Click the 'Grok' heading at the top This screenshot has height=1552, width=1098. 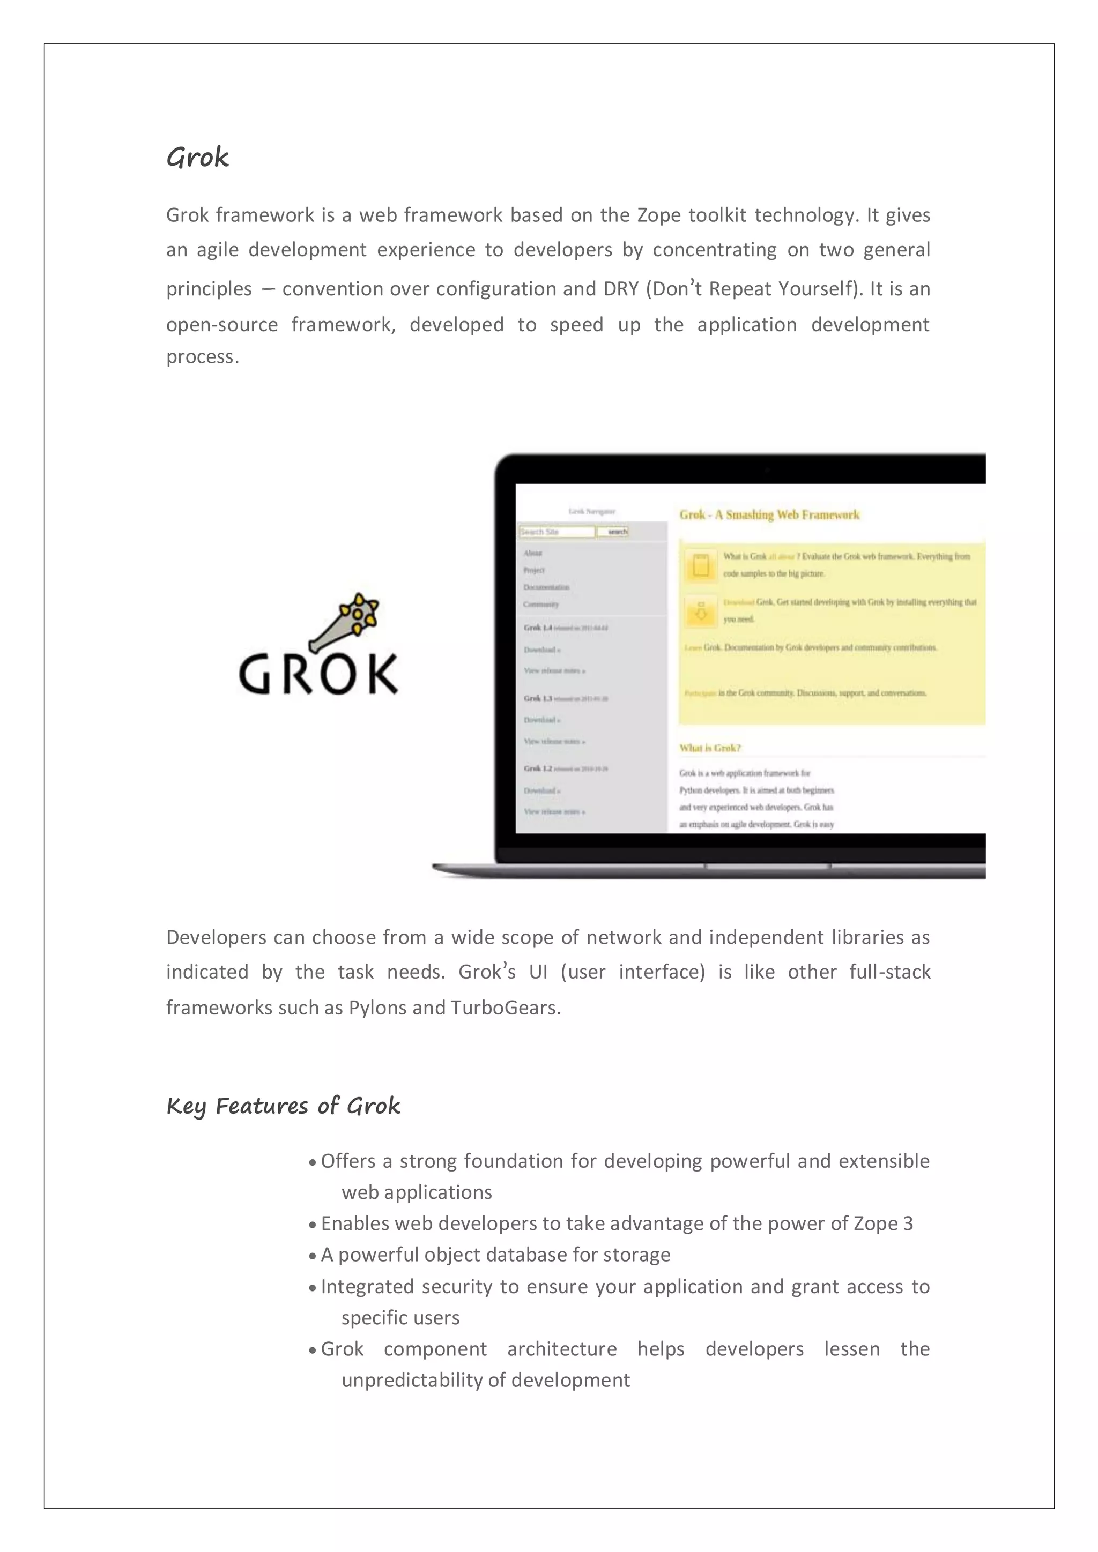point(197,158)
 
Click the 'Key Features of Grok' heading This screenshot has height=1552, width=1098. point(283,1107)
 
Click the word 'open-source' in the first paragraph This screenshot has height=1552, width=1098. point(222,325)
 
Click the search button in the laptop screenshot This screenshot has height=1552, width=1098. point(613,532)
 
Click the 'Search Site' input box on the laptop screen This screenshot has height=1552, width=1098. point(557,532)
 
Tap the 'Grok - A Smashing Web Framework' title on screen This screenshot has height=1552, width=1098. point(769,515)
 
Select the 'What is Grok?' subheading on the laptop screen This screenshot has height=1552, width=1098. point(709,748)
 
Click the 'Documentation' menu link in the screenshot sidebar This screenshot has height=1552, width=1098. point(546,587)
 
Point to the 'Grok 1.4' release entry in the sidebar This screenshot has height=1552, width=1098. point(538,628)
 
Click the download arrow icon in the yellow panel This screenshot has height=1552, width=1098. point(700,611)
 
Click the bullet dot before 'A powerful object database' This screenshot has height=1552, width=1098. point(313,1257)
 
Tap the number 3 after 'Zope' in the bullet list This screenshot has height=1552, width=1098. point(908,1224)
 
